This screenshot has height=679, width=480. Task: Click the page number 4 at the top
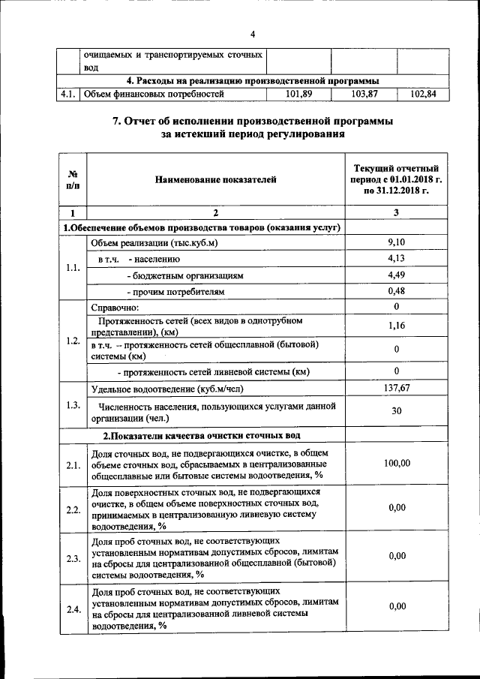[x=253, y=35]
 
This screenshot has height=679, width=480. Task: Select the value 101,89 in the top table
[x=298, y=95]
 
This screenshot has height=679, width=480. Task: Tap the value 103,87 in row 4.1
[x=364, y=95]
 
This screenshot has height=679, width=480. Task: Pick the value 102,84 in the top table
[x=424, y=95]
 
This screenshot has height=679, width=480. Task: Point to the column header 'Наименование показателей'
[x=216, y=179]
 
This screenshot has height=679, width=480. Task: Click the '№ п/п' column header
[x=73, y=179]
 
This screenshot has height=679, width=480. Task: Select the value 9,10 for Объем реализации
[x=396, y=242]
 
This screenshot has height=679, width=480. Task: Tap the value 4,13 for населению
[x=396, y=258]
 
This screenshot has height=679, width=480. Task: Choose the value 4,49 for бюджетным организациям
[x=396, y=275]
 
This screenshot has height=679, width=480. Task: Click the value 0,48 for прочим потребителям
[x=396, y=291]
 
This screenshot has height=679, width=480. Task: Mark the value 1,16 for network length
[x=396, y=325]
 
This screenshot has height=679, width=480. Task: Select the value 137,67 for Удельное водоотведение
[x=396, y=388]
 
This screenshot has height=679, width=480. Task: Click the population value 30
[x=396, y=410]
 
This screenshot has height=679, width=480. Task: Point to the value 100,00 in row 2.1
[x=396, y=464]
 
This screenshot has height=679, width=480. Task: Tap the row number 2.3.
[x=73, y=558]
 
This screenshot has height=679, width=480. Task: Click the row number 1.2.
[x=73, y=341]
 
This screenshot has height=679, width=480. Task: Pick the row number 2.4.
[x=73, y=609]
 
